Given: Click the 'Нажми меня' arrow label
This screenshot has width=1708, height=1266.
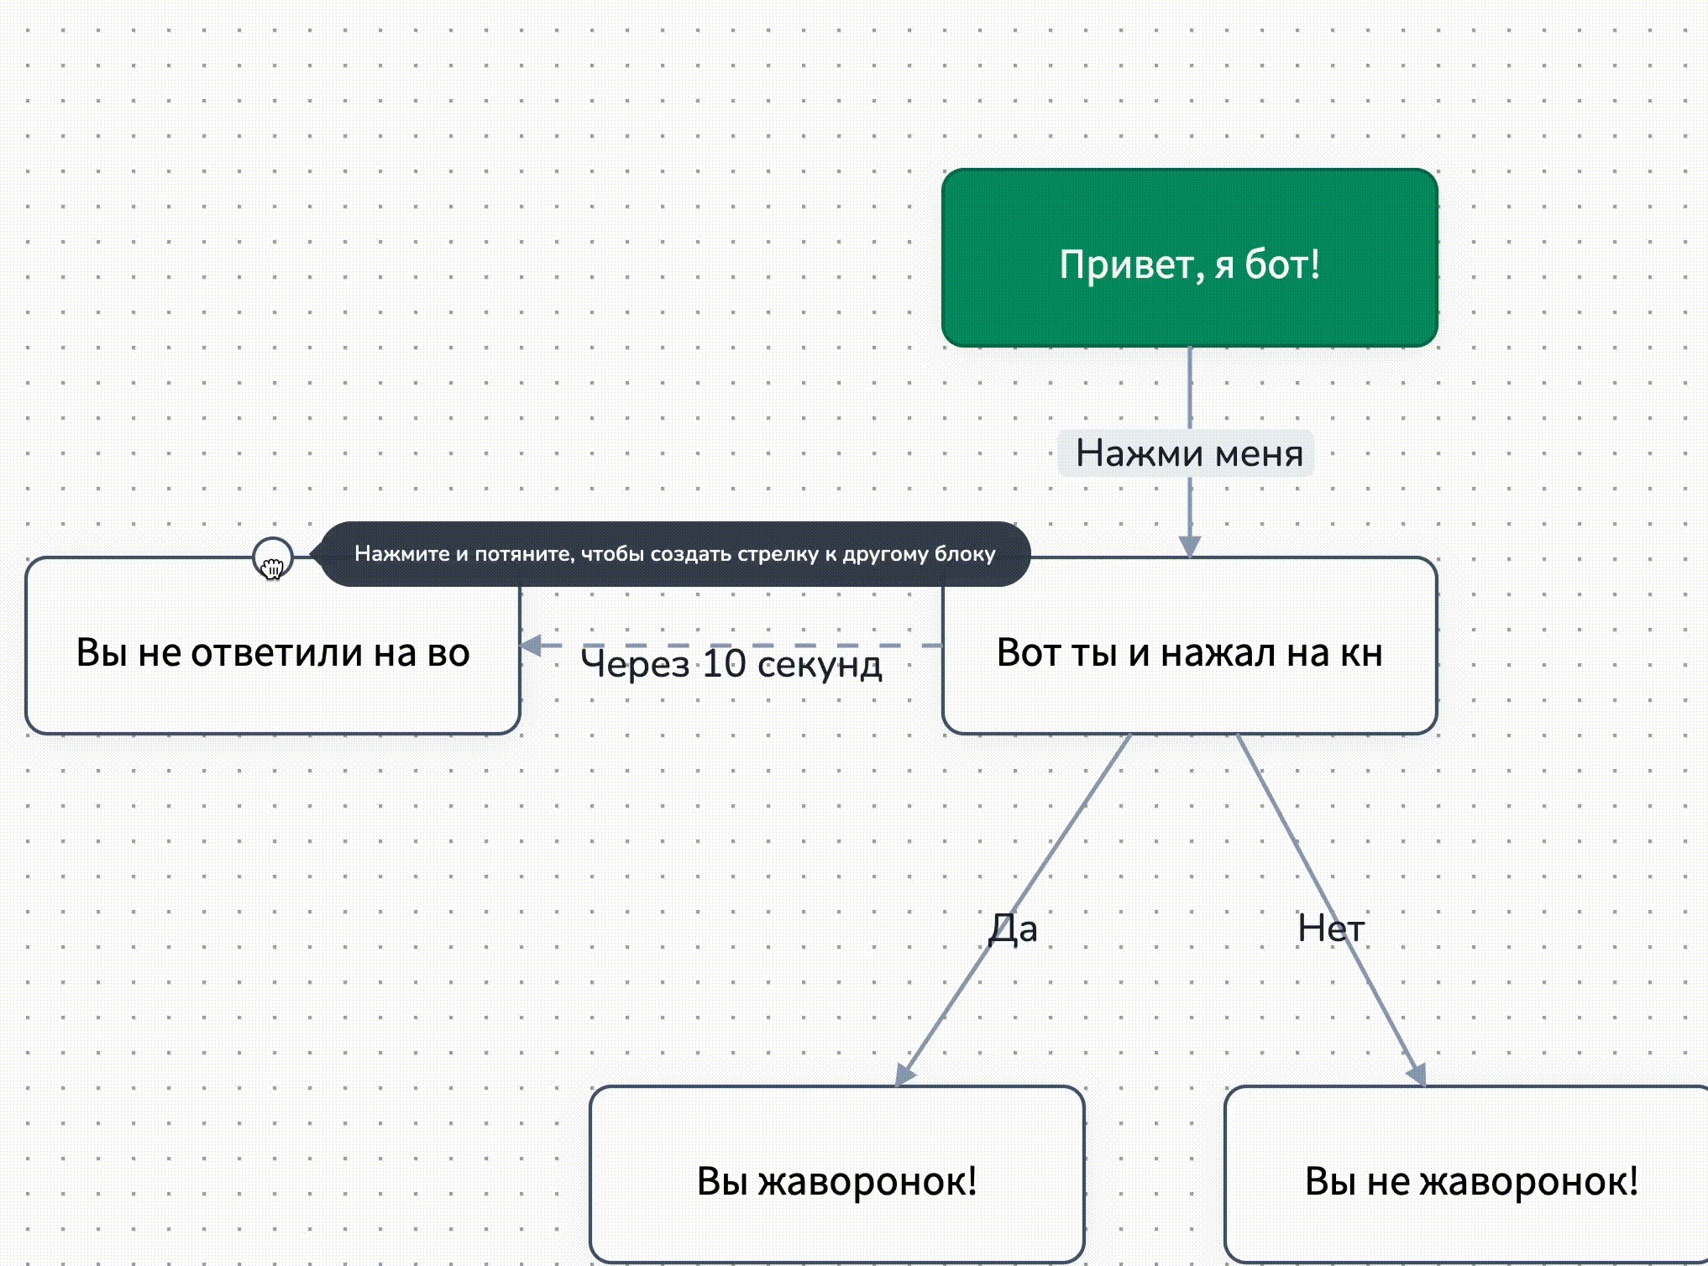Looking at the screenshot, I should (x=1189, y=453).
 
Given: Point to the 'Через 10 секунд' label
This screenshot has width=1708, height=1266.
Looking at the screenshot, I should (x=731, y=663).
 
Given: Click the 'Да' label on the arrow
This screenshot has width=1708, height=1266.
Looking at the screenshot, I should (x=1013, y=929).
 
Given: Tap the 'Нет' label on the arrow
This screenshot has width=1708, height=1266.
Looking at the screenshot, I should (x=1330, y=929).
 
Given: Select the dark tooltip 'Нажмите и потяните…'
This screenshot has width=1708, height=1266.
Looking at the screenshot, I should (x=673, y=554).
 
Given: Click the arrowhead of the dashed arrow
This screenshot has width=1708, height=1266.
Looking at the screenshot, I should (x=531, y=645).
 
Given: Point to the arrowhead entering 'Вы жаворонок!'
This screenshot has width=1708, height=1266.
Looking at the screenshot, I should (x=904, y=1074).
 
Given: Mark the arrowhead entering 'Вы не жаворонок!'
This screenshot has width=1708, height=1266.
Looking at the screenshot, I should (x=1417, y=1074).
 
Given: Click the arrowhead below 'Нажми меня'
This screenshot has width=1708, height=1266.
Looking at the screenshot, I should (x=1189, y=546).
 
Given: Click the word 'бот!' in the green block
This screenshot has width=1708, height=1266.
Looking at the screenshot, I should (x=1281, y=264).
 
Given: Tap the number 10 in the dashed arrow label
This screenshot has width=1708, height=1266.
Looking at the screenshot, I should (x=724, y=663).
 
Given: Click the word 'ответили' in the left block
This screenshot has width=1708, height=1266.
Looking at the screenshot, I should (x=279, y=652).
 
